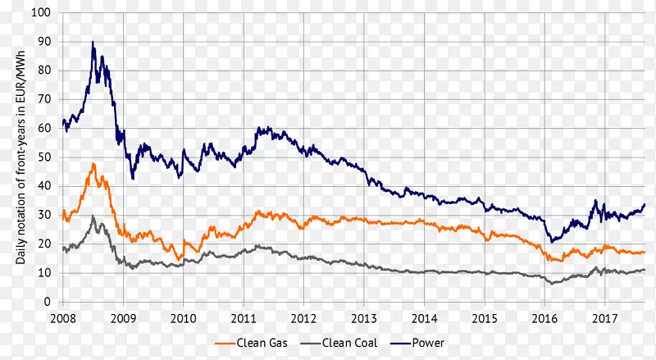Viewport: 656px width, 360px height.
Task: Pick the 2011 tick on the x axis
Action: [244, 317]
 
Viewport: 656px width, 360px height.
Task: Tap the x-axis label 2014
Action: [424, 317]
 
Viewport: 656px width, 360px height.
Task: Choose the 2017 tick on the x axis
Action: [605, 317]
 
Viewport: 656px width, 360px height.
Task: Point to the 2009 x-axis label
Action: [123, 317]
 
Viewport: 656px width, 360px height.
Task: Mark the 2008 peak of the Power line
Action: [93, 42]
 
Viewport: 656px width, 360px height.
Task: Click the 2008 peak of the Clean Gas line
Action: [93, 163]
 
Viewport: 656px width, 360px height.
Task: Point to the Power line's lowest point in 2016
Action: [553, 243]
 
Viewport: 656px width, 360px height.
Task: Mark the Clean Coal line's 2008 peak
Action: [93, 216]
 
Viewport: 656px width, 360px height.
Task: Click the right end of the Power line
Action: [645, 204]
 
